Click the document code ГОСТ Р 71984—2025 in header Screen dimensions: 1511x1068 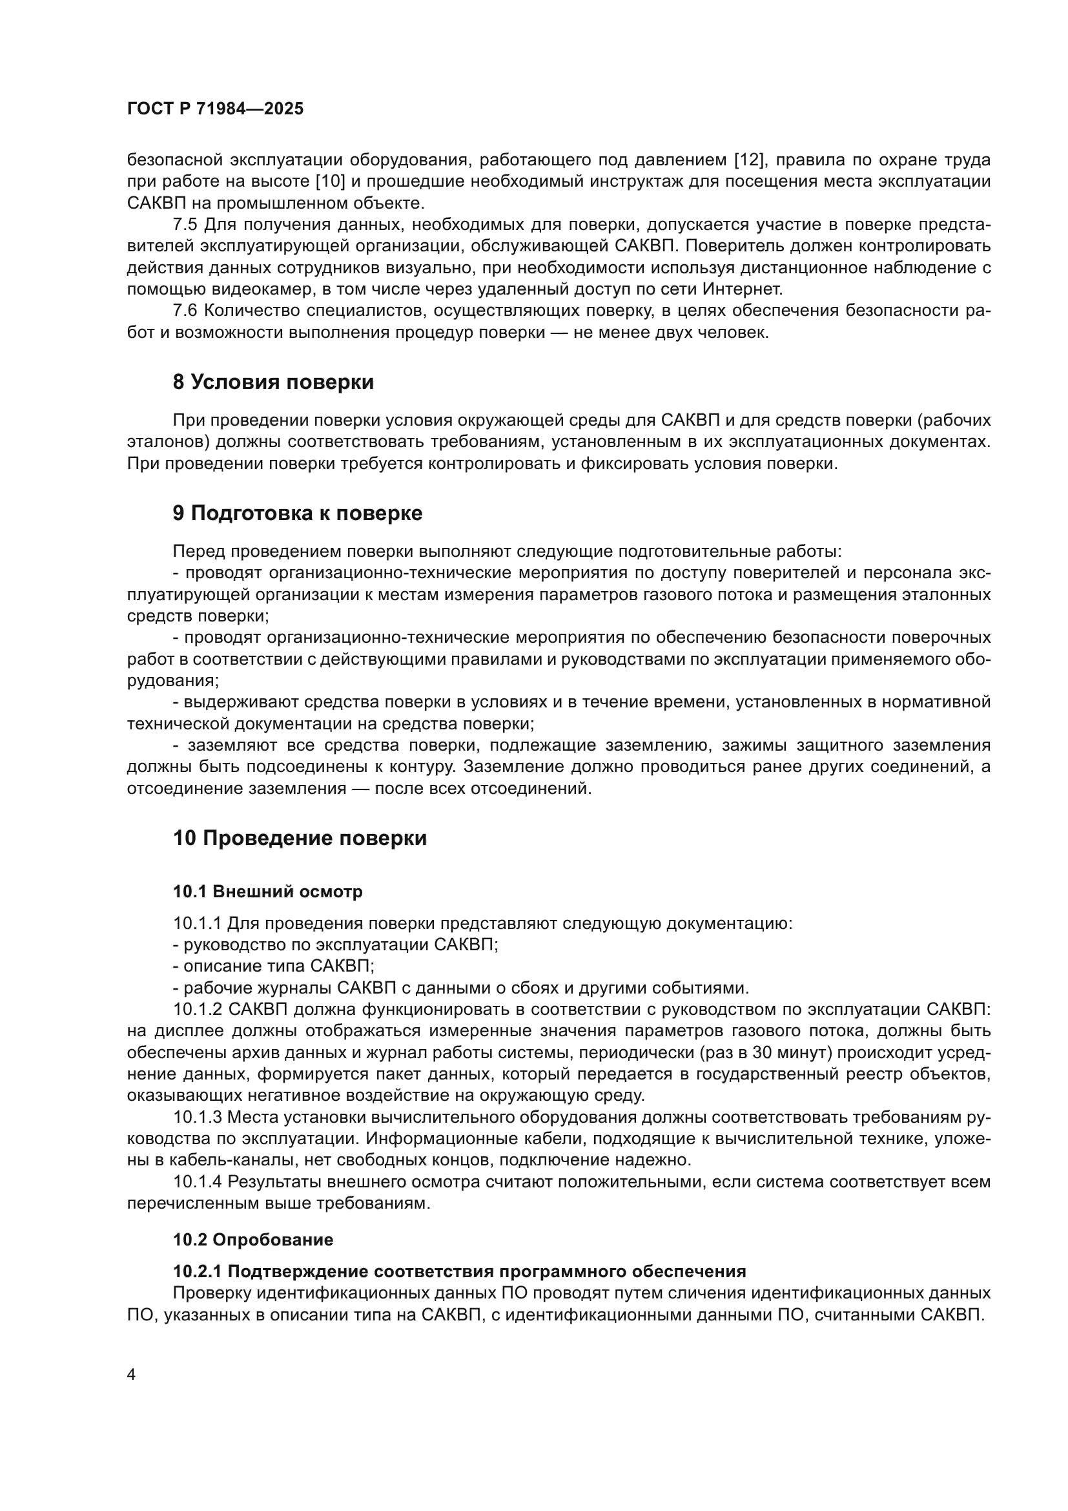[x=215, y=109]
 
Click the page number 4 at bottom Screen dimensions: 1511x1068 [x=131, y=1374]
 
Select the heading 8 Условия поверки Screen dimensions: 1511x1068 [x=273, y=382]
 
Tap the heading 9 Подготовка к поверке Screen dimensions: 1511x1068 [x=297, y=514]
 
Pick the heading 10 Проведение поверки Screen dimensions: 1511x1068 [x=300, y=839]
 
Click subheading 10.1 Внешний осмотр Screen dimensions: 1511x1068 [x=268, y=891]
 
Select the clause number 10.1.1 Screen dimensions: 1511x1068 [x=198, y=923]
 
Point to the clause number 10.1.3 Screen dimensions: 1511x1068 [x=198, y=1117]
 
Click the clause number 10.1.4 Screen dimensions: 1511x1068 [x=198, y=1182]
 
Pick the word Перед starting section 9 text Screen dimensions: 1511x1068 [x=199, y=552]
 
